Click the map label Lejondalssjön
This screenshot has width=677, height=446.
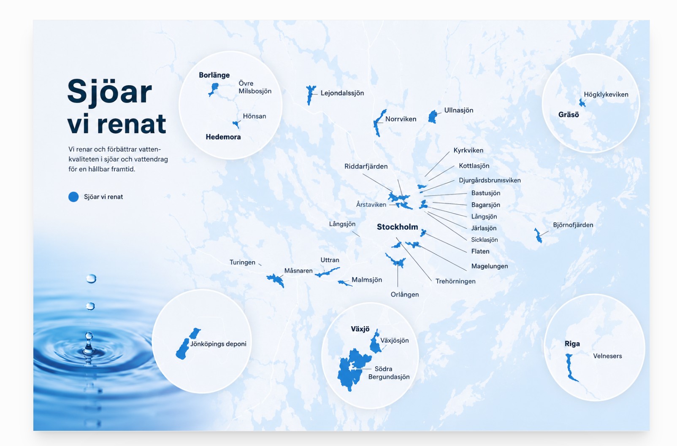click(342, 93)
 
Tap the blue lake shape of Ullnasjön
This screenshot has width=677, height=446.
click(433, 116)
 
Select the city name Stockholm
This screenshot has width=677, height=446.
click(397, 227)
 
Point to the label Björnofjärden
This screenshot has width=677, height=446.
click(573, 225)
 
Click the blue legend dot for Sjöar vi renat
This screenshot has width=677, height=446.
click(73, 197)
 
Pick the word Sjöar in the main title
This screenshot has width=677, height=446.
click(109, 92)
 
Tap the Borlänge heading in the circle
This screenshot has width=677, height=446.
click(214, 75)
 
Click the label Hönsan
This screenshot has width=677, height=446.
click(254, 116)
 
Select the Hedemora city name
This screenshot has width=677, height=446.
click(223, 137)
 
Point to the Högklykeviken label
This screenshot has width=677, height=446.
click(606, 95)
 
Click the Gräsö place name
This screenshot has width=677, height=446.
click(568, 115)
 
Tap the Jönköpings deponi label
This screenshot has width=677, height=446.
click(218, 344)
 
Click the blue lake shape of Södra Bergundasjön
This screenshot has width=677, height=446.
click(352, 369)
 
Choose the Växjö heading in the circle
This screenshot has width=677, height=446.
click(360, 329)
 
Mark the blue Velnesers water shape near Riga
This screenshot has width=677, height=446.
click(570, 367)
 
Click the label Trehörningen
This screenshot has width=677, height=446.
click(455, 281)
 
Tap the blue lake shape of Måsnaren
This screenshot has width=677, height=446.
click(276, 280)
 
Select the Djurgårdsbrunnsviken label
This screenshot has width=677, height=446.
click(489, 181)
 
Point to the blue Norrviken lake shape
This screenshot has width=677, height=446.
click(379, 123)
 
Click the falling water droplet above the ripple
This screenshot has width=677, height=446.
click(91, 278)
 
